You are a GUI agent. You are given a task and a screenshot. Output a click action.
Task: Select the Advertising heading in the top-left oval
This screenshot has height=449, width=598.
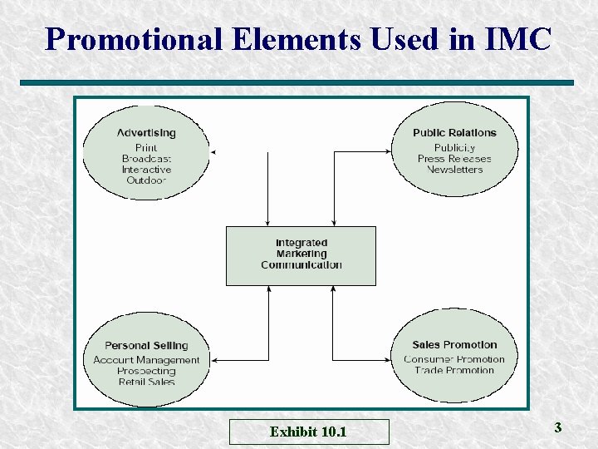[146, 132]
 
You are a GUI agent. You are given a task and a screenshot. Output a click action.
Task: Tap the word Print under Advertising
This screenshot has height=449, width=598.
[146, 148]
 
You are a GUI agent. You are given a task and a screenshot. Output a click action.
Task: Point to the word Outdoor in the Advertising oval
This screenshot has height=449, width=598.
[146, 180]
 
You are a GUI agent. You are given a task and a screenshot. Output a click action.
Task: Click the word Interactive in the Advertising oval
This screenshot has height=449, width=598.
[146, 170]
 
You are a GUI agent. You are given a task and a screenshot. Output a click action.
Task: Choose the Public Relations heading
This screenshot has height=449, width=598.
[454, 132]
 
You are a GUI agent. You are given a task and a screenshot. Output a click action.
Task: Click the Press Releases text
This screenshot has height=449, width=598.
[454, 159]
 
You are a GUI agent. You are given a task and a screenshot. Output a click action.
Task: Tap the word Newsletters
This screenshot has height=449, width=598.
[454, 170]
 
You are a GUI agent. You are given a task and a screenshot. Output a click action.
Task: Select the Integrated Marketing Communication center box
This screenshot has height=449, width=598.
[301, 254]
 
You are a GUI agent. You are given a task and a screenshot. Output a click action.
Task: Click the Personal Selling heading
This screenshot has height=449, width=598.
[146, 345]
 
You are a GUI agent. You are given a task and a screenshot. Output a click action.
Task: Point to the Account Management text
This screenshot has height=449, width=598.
[146, 360]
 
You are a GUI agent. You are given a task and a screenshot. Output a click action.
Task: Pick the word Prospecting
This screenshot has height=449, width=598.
[146, 371]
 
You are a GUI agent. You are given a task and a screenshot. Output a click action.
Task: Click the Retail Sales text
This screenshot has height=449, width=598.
[146, 382]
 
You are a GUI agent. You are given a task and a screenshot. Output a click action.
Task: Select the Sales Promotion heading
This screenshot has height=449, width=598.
[454, 345]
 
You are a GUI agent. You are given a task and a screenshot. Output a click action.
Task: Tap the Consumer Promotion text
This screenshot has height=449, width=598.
[454, 359]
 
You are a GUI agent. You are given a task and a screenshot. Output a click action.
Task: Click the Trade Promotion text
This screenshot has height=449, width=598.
[454, 370]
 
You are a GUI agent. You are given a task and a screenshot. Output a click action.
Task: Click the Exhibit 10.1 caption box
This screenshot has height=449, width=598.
[308, 432]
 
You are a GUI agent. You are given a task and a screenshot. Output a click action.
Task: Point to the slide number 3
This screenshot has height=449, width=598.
[558, 427]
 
